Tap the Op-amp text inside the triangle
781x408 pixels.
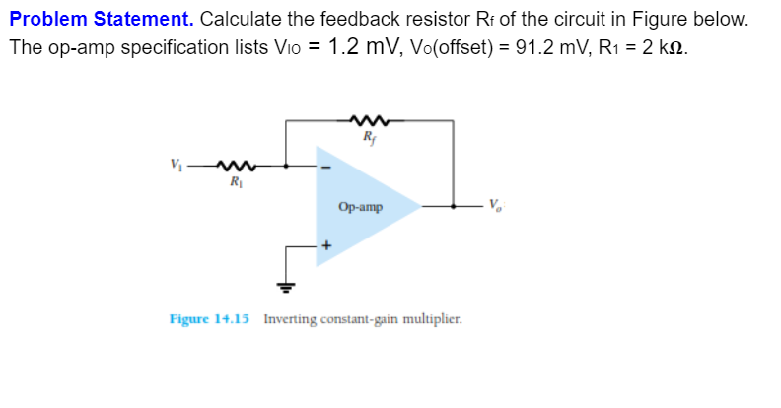pos(359,207)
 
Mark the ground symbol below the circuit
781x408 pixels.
pos(287,287)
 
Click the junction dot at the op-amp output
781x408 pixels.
pos(453,207)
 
